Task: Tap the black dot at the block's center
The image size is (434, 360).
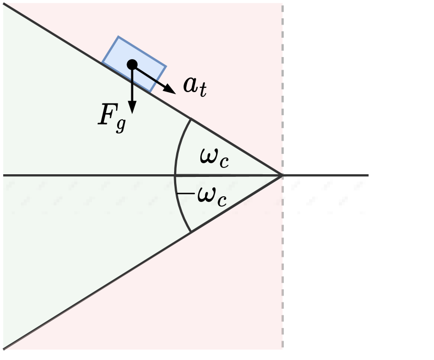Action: point(132,64)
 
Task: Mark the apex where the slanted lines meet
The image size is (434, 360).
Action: point(282,175)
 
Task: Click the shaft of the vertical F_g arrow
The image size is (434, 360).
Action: point(132,86)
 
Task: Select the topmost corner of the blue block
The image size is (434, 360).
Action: point(119,37)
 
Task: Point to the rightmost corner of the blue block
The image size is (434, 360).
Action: point(166,66)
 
